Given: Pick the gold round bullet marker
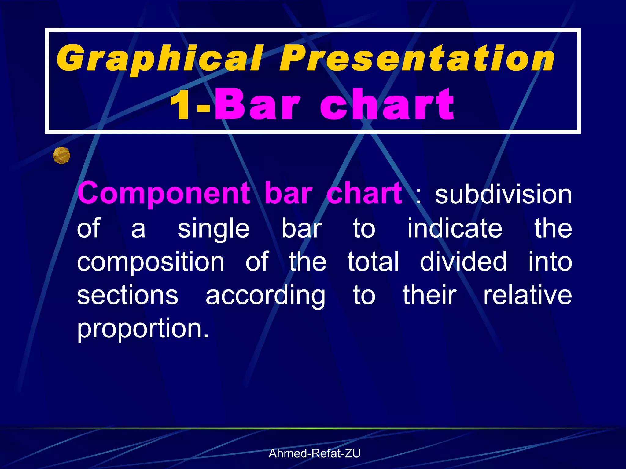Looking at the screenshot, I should pyautogui.click(x=61, y=155).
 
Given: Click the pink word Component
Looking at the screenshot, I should pyautogui.click(x=164, y=194).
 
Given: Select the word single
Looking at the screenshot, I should pyautogui.click(x=213, y=229).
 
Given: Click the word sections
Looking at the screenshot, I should pyautogui.click(x=127, y=295).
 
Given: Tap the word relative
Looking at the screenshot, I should pyautogui.click(x=527, y=295).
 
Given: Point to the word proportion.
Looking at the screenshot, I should pyautogui.click(x=142, y=329).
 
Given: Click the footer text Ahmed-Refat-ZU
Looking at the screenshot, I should pyautogui.click(x=314, y=453).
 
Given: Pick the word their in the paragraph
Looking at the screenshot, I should pyautogui.click(x=429, y=295).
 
